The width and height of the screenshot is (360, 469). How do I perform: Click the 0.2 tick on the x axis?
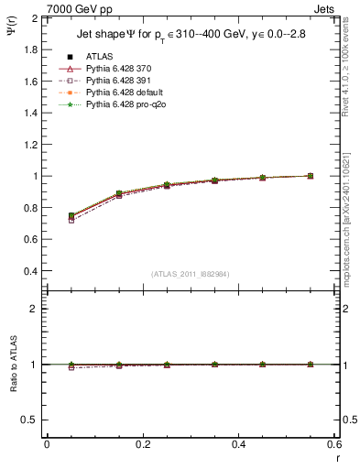pyautogui.click(x=143, y=444)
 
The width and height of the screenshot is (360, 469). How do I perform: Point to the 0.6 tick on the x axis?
pyautogui.click(x=335, y=444)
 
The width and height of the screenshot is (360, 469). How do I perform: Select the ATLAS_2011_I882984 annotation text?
pyautogui.click(x=191, y=274)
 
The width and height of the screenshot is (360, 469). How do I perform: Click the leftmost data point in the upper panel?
pyautogui.click(x=71, y=216)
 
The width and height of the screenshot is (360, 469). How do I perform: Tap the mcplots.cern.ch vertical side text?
pyautogui.click(x=351, y=229)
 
